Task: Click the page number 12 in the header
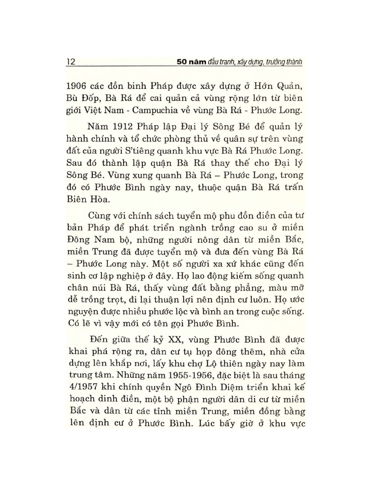tap(71, 62)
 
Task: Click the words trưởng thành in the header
tap(284, 62)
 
